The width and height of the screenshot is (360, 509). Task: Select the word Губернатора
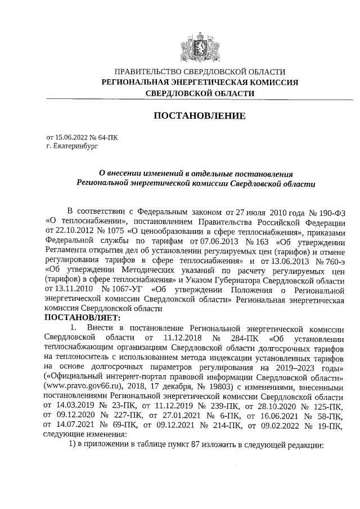click(x=236, y=279)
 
